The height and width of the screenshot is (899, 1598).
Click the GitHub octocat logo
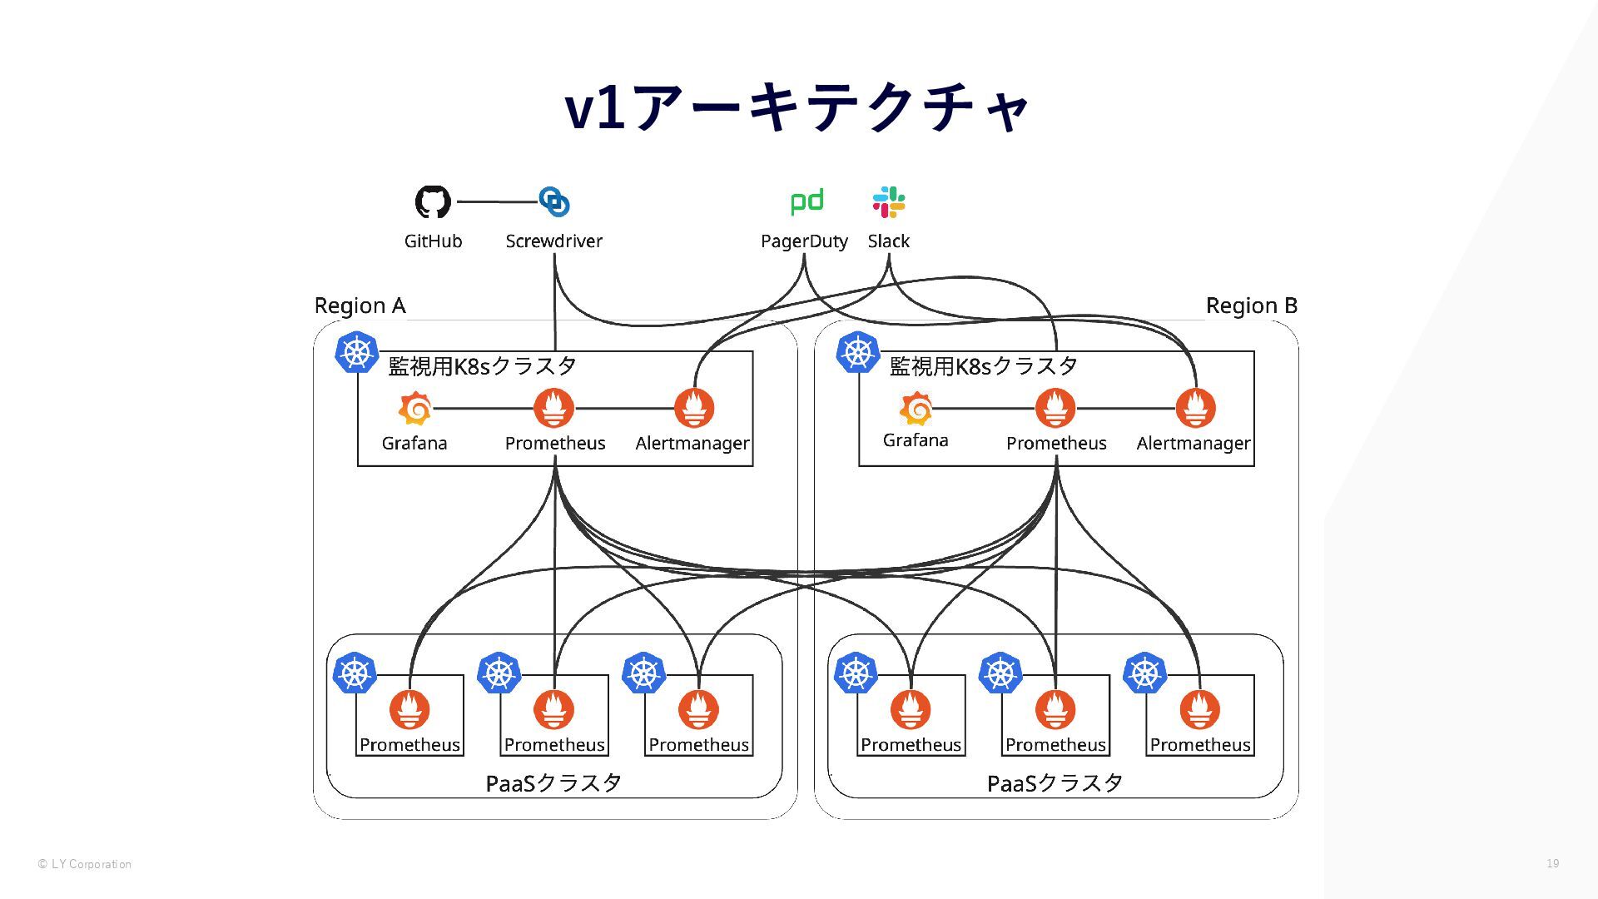click(433, 201)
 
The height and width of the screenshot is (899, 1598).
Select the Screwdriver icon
click(554, 201)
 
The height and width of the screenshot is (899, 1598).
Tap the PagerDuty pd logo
click(806, 201)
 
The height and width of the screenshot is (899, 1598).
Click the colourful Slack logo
click(889, 201)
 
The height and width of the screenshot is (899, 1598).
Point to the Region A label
click(360, 305)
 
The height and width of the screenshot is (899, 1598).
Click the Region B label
click(1251, 305)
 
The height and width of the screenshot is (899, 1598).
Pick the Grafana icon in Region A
click(414, 409)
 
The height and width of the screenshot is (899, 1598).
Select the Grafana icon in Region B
click(916, 409)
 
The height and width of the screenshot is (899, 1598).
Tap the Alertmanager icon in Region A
click(694, 408)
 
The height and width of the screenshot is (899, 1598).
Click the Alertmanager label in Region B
click(1194, 444)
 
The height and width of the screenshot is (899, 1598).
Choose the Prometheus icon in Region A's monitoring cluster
click(554, 408)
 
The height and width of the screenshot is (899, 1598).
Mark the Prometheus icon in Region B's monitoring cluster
click(1055, 408)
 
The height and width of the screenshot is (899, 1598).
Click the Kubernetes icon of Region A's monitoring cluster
click(356, 352)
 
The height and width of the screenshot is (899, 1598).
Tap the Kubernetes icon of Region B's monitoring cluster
click(858, 352)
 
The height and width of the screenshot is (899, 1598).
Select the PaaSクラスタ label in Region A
click(553, 782)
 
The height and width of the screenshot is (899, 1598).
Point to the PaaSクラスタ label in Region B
click(1055, 782)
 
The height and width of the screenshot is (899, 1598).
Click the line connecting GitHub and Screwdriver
click(496, 201)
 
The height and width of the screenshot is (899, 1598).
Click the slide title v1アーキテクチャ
click(797, 107)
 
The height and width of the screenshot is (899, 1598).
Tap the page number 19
click(1552, 863)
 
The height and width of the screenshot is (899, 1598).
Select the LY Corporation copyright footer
click(84, 864)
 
